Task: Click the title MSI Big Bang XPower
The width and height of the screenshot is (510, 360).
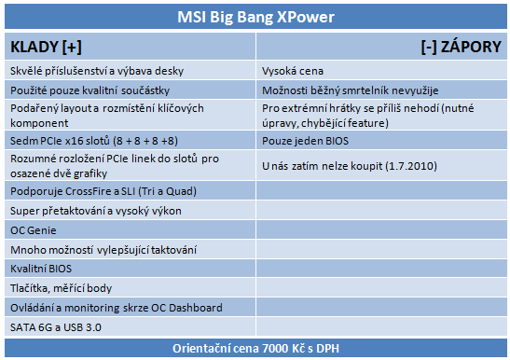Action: (255, 18)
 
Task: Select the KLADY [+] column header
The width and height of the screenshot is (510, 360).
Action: (44, 48)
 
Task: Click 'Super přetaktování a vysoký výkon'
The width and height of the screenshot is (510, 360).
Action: (96, 211)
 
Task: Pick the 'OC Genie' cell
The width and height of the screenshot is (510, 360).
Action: (34, 230)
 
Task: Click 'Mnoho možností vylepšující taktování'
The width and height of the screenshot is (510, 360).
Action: (103, 250)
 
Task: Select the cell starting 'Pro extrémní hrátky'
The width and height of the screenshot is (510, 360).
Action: (381, 115)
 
